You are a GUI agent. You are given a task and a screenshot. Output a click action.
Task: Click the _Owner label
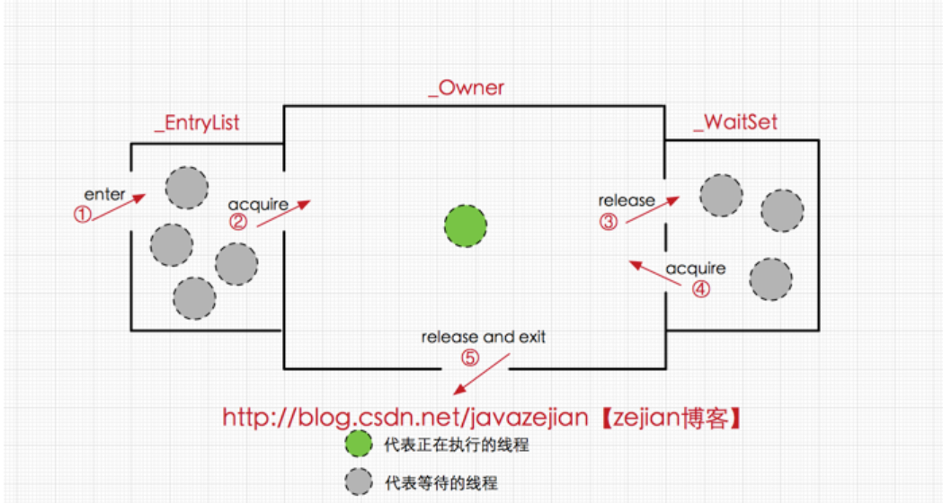coord(466,88)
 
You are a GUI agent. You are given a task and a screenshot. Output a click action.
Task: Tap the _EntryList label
coord(197,123)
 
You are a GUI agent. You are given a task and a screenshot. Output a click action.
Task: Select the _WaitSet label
coord(735,122)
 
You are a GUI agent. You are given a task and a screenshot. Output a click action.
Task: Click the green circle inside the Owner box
coord(466,226)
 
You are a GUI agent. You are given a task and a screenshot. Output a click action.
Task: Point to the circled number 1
coord(83,214)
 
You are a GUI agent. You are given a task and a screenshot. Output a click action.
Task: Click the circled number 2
coord(238,222)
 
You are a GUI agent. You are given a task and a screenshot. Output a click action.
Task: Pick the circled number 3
coord(608,222)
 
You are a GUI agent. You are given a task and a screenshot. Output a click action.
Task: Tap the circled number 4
coord(700,289)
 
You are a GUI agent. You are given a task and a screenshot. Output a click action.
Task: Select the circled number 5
coord(470,358)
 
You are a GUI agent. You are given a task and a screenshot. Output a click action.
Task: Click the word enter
coord(104,195)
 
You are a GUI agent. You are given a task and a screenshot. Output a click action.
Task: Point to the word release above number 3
coord(627,200)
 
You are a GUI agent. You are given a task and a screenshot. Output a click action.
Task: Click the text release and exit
coord(484,337)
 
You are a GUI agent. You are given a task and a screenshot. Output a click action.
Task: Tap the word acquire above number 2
coord(258,205)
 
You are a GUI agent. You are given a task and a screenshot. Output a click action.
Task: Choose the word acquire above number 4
coord(695,269)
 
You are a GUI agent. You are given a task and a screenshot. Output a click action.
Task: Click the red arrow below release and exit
coord(481,374)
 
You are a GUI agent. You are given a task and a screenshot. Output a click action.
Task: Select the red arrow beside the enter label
coord(120,207)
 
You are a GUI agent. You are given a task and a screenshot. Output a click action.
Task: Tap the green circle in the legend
coord(359,444)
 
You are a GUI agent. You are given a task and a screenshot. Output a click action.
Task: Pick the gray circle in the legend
coord(359,482)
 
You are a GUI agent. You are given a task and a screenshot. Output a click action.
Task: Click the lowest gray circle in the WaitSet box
coord(770,279)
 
